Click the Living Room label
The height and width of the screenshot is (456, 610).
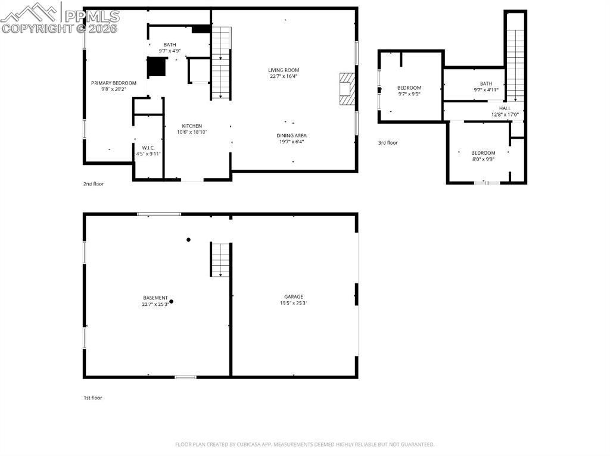[x=283, y=70]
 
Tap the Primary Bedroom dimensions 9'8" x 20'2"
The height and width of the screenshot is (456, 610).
[x=113, y=89]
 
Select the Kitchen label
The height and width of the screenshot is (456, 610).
[x=192, y=126]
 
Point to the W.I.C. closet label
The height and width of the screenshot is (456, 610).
[x=148, y=147]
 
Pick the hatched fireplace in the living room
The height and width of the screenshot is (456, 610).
[x=347, y=89]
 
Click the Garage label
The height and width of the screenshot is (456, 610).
[x=293, y=296]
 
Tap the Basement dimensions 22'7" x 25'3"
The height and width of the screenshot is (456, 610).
[x=155, y=304]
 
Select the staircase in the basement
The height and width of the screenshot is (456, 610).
[x=220, y=259]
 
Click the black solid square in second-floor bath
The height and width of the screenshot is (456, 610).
[x=156, y=67]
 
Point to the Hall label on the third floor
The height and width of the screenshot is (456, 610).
[x=505, y=108]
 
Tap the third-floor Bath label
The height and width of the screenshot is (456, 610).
[x=486, y=84]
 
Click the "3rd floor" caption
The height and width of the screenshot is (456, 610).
[x=387, y=143]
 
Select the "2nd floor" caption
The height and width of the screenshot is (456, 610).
[x=93, y=184]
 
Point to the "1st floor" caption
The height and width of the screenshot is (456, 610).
[x=92, y=398]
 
